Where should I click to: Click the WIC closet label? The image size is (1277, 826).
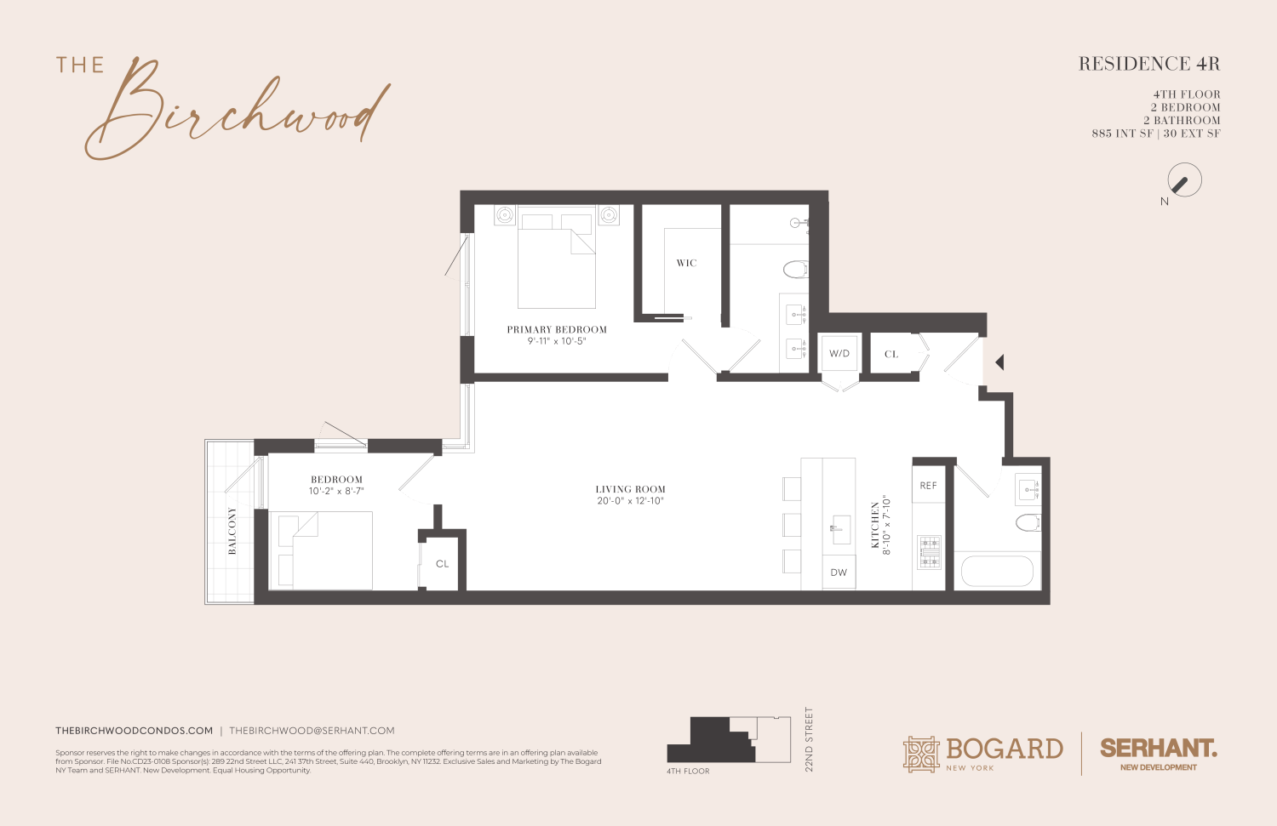pyautogui.click(x=686, y=264)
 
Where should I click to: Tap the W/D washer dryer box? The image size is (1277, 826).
pyautogui.click(x=839, y=354)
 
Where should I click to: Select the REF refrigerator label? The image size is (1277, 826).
pyautogui.click(x=928, y=486)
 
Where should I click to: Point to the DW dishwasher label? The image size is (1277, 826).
pyautogui.click(x=839, y=573)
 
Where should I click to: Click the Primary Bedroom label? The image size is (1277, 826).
pyautogui.click(x=557, y=330)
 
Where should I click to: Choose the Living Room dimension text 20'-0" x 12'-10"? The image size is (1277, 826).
pyautogui.click(x=630, y=501)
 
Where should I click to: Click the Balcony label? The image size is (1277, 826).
pyautogui.click(x=232, y=531)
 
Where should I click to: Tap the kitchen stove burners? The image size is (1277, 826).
pyautogui.click(x=929, y=551)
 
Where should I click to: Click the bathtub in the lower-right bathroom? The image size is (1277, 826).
pyautogui.click(x=997, y=571)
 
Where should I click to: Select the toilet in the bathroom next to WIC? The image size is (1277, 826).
pyautogui.click(x=794, y=270)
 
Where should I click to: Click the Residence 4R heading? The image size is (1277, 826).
pyautogui.click(x=1148, y=64)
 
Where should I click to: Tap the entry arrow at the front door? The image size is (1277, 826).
pyautogui.click(x=999, y=362)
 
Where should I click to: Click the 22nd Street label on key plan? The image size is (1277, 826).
pyautogui.click(x=809, y=739)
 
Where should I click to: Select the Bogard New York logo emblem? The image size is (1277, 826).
pyautogui.click(x=921, y=754)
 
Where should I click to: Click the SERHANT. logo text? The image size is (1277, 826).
pyautogui.click(x=1158, y=749)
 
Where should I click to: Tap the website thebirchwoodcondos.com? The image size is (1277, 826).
pyautogui.click(x=135, y=731)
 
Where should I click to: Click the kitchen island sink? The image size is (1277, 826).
pyautogui.click(x=838, y=529)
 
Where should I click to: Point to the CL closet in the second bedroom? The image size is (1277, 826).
pyautogui.click(x=442, y=564)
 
